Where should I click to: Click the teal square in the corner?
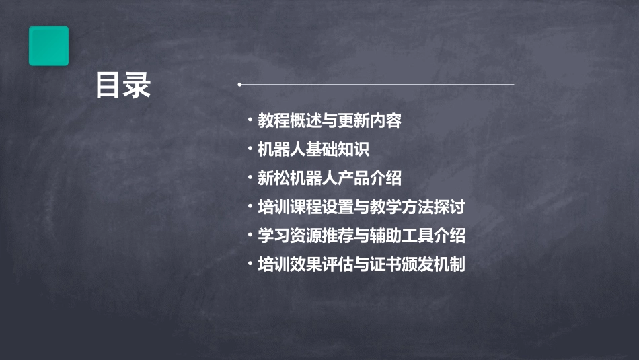pos(48,46)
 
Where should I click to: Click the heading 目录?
pos(123,85)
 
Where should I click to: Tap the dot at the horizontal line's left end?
pos(239,85)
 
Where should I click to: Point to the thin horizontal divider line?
pos(377,85)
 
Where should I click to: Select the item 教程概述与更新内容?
pos(330,121)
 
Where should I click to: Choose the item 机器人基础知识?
pos(313,149)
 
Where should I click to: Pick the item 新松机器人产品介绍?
pos(330,178)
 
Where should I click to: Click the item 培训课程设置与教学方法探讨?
pos(361,207)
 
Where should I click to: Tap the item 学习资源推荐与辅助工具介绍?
pos(361,236)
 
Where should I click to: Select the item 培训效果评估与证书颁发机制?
pos(361,264)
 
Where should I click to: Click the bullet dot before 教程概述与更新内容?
pos(250,120)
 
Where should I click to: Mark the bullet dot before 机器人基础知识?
pos(250,149)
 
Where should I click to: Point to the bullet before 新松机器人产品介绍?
pos(250,178)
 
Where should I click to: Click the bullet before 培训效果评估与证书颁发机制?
pos(250,264)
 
